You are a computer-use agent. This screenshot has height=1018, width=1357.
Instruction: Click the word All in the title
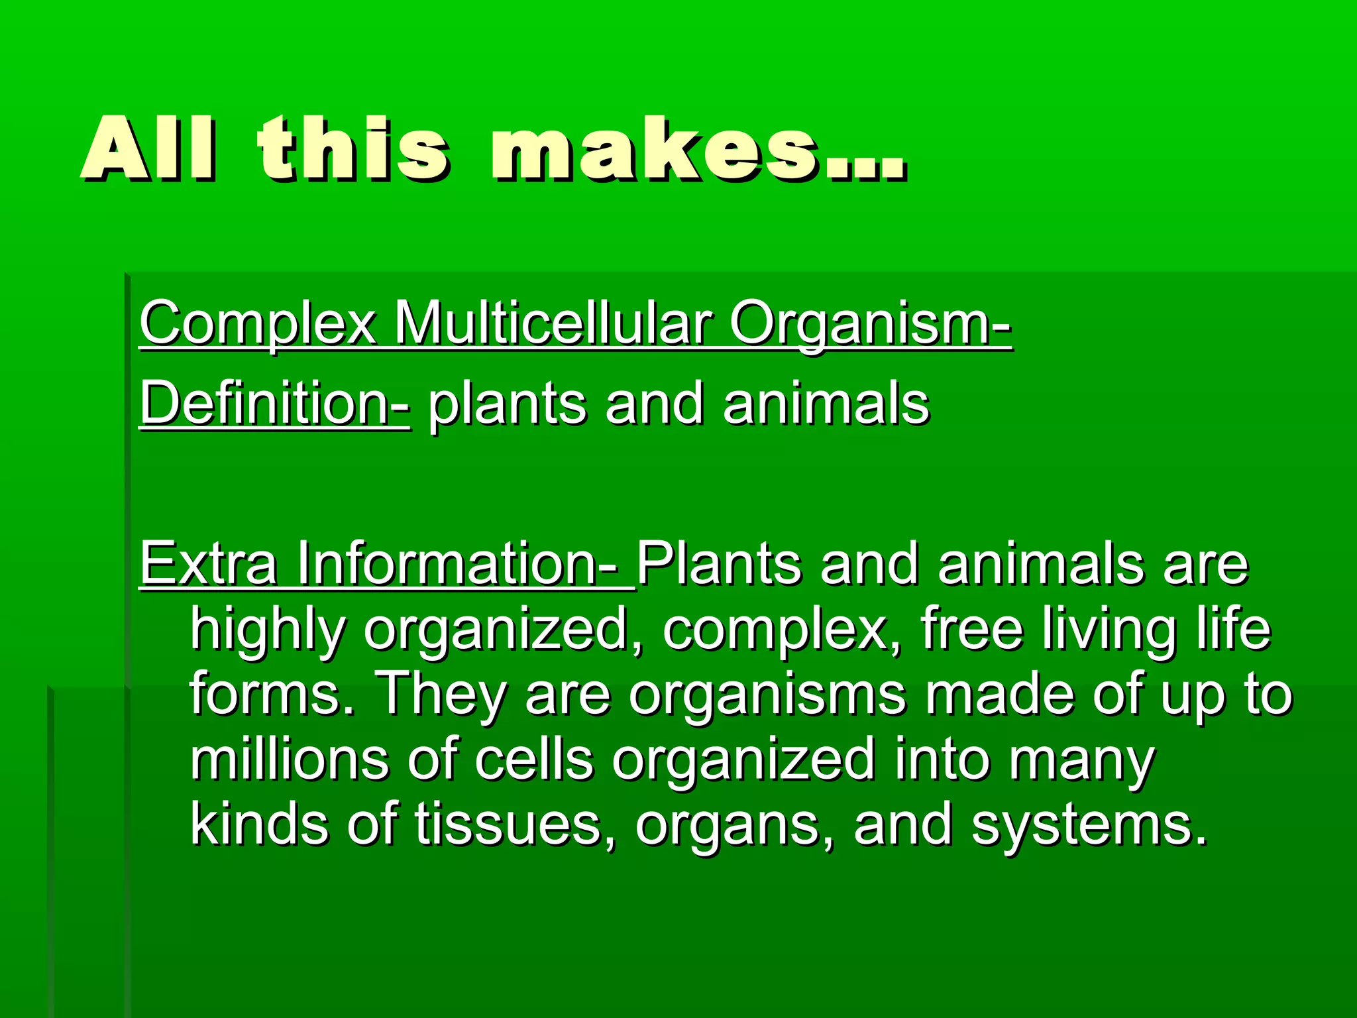point(148,150)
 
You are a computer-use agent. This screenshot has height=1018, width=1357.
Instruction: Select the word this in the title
point(354,150)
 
